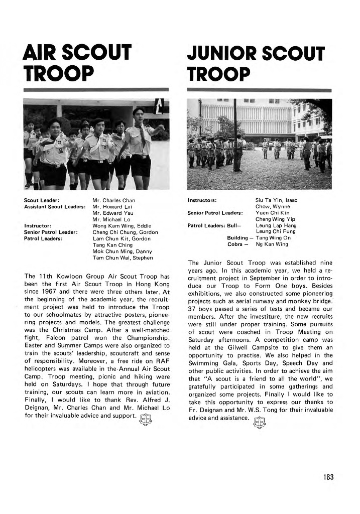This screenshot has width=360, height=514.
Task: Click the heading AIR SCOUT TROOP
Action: pos(78,63)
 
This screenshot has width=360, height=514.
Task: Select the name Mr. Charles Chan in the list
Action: pos(114,200)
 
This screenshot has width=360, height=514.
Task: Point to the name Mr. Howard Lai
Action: pos(112,207)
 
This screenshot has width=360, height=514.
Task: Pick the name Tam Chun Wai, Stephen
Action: pos(123,258)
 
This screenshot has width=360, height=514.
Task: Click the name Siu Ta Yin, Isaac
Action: pos(276,200)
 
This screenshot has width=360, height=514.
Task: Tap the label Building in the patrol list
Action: pos(237,238)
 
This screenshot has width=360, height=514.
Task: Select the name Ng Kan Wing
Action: pos(272,244)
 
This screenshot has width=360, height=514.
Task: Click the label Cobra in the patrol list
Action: pos(235,244)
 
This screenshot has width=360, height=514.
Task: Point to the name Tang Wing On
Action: pos(273,238)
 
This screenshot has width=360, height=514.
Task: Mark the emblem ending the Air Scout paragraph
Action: pos(146,418)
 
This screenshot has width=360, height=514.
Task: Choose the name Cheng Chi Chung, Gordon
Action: pos(126,232)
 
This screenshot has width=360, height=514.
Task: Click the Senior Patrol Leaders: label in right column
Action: pos(215,213)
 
